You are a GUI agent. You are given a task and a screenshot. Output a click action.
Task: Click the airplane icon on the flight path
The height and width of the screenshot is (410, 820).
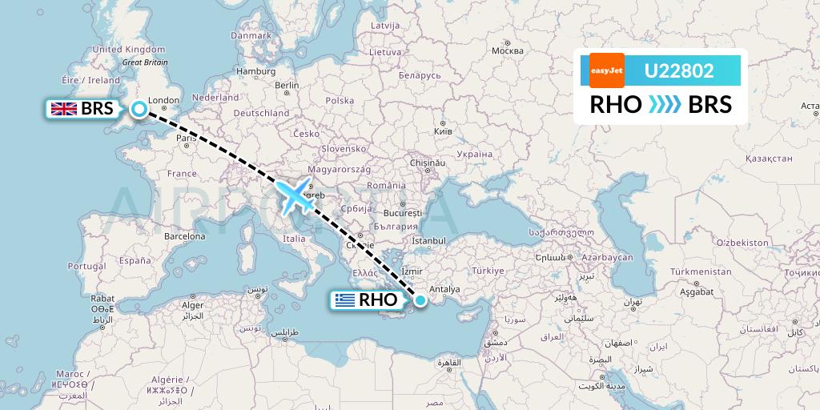295,197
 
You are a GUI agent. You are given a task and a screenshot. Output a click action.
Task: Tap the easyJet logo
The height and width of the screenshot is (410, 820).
606,70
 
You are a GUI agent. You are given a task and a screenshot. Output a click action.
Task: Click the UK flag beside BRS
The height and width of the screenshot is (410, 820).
62,110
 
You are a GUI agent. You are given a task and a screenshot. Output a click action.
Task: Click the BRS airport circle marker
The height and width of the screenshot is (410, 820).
139,110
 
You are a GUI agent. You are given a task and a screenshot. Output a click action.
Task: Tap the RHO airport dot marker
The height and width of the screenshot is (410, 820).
420,300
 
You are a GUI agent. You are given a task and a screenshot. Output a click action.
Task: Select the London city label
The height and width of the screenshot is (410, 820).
164,101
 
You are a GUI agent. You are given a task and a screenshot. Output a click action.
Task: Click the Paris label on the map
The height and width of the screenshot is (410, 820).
187,138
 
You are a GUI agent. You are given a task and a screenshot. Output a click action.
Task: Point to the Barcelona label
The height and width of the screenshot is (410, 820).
184,236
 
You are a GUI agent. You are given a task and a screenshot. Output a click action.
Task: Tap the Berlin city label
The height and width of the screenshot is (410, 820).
286,86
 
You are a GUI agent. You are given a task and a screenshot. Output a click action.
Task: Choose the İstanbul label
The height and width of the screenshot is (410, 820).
428,240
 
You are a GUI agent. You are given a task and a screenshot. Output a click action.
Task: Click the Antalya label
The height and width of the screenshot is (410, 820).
444,289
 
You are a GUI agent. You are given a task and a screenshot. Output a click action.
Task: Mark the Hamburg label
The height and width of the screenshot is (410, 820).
256,71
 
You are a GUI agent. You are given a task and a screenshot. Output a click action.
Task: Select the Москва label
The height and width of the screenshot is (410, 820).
507,51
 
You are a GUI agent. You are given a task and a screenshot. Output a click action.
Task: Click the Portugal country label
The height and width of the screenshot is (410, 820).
87,266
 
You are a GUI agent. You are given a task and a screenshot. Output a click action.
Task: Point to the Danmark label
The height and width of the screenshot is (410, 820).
251,35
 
